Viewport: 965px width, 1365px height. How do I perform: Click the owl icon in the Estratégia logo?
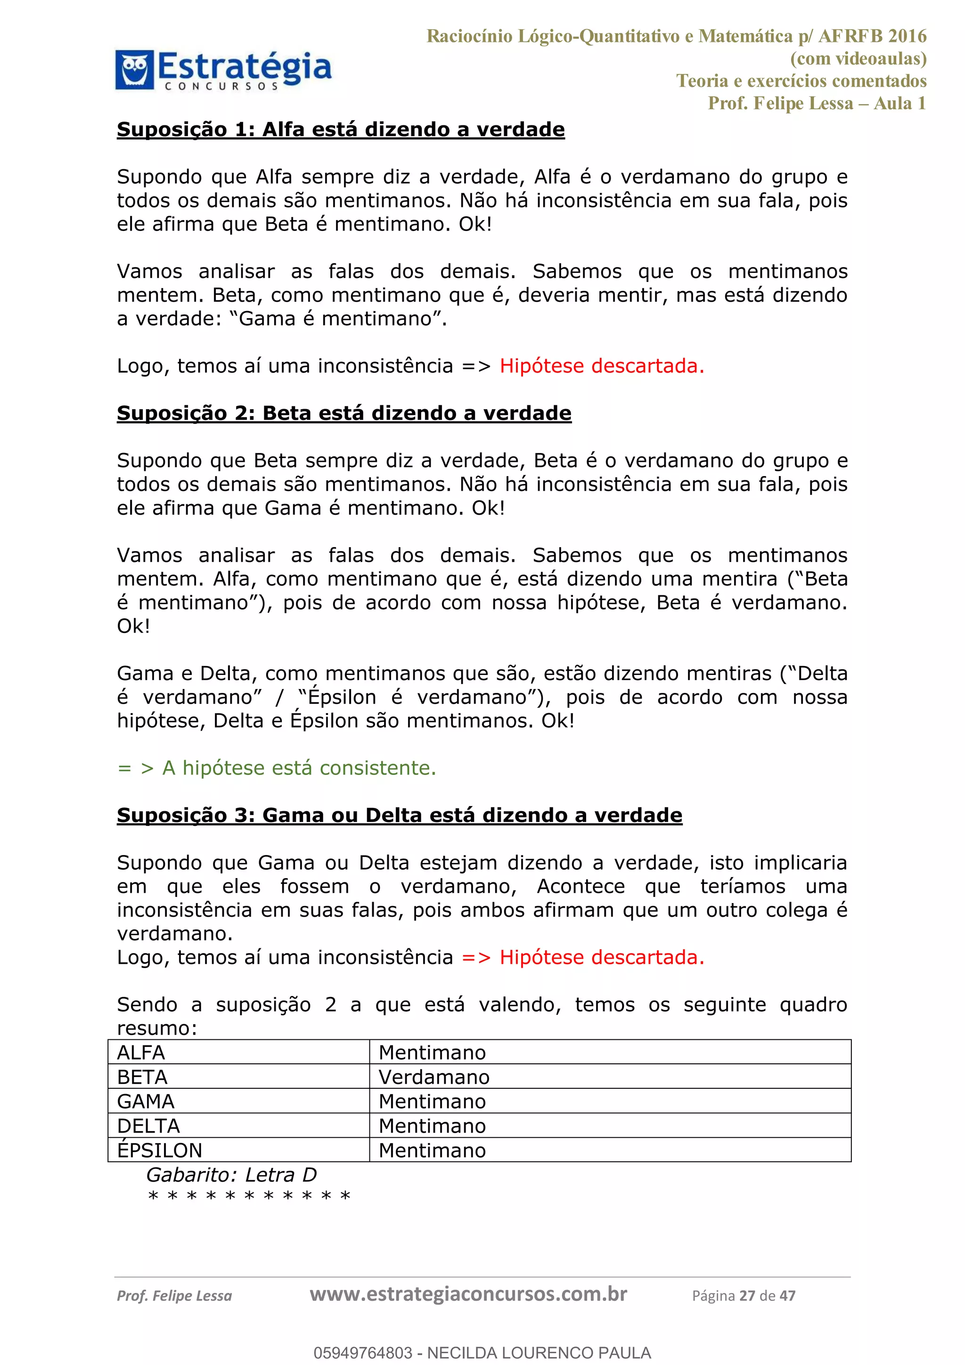pos(135,70)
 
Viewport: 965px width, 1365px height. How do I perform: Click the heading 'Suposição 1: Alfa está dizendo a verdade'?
pos(341,130)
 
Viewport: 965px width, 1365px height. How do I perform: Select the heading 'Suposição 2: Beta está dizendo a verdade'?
pos(344,413)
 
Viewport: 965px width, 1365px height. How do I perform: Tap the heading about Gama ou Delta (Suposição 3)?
pos(399,815)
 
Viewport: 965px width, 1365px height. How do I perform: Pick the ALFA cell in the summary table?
pos(141,1053)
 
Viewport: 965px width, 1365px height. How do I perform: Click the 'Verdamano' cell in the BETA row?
pos(434,1077)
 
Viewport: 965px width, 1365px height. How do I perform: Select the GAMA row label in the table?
pos(146,1102)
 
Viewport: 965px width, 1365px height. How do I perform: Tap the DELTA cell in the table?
pos(148,1126)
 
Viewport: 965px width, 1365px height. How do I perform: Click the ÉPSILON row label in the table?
pos(159,1151)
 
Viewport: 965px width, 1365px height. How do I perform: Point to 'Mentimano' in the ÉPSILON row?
pos(432,1151)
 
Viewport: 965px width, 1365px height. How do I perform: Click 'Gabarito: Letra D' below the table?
pos(231,1175)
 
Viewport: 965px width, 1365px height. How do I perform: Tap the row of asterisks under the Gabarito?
pos(249,1196)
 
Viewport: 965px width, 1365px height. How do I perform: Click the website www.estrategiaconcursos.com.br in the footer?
pos(468,1294)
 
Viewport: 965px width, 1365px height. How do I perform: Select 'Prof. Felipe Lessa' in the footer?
pos(174,1296)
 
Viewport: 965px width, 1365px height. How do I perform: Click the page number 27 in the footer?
pos(747,1296)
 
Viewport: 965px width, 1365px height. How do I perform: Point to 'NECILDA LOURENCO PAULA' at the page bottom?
pos(539,1353)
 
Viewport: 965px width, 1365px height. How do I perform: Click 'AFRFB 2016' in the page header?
pos(872,36)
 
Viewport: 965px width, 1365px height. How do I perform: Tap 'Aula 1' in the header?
pos(899,103)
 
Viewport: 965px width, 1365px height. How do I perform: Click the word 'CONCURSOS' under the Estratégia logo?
pos(221,86)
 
